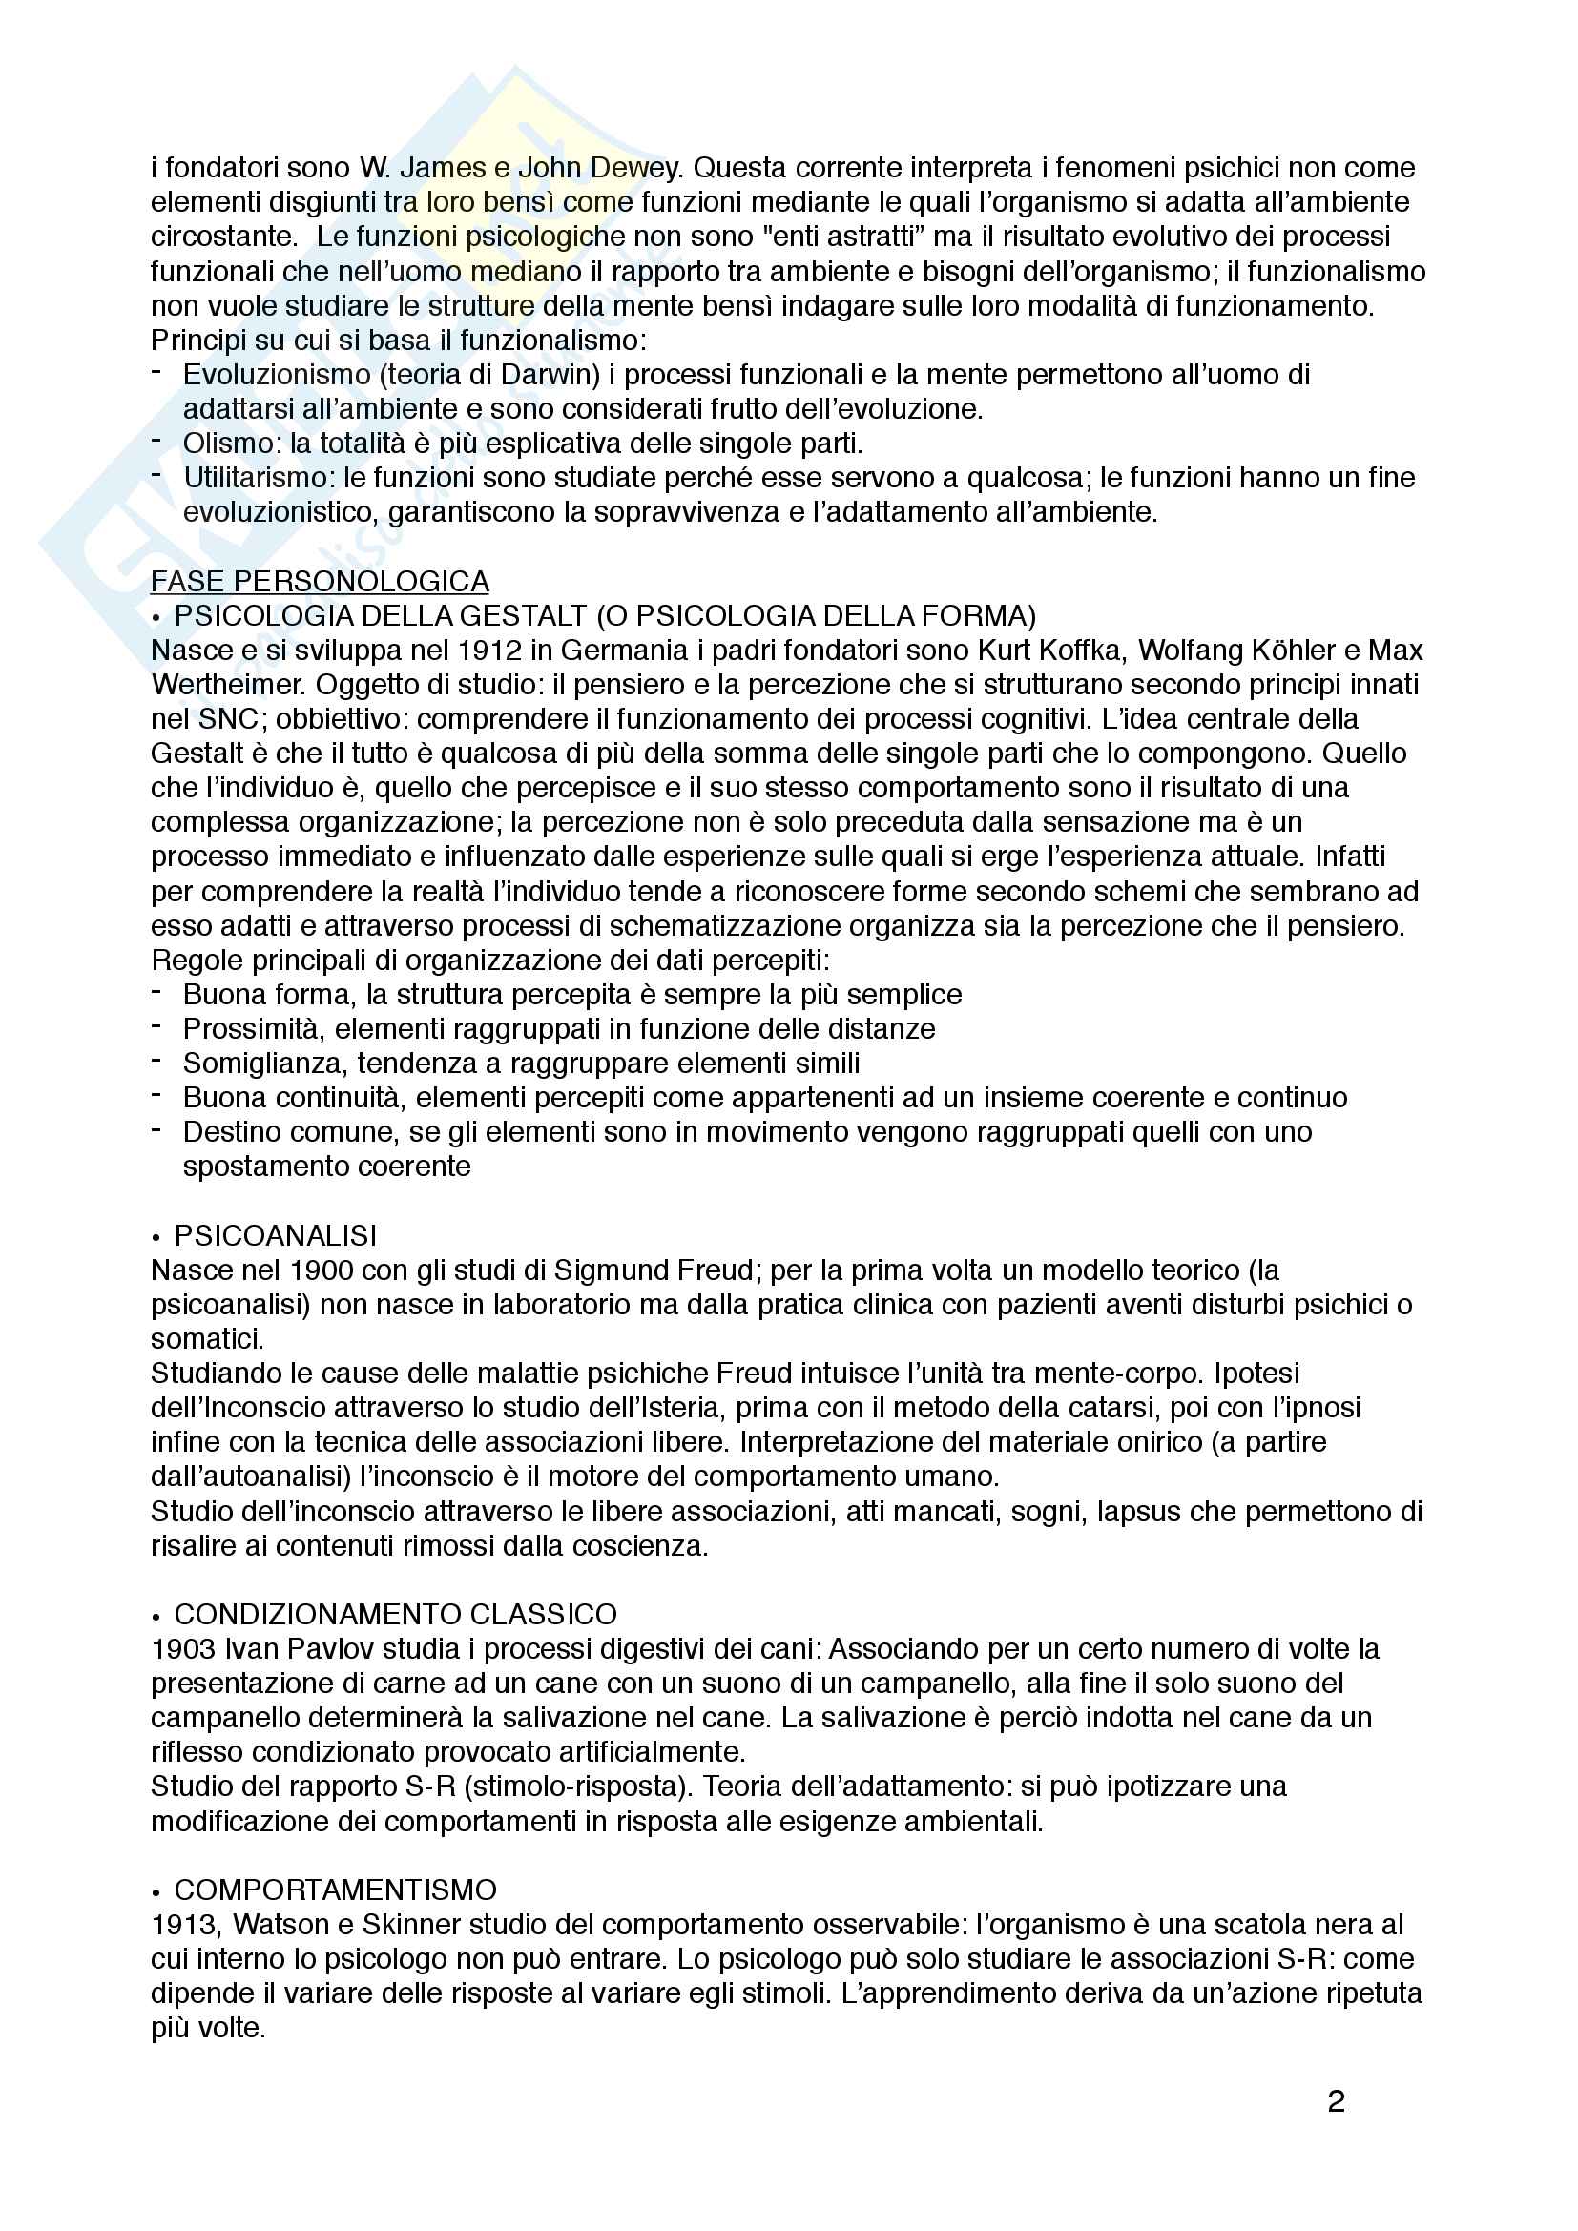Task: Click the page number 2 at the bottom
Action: pos(1336,2102)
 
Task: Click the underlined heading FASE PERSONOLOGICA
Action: pos(320,581)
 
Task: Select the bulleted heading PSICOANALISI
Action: pos(275,1235)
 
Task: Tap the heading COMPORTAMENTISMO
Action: pos(335,1889)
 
